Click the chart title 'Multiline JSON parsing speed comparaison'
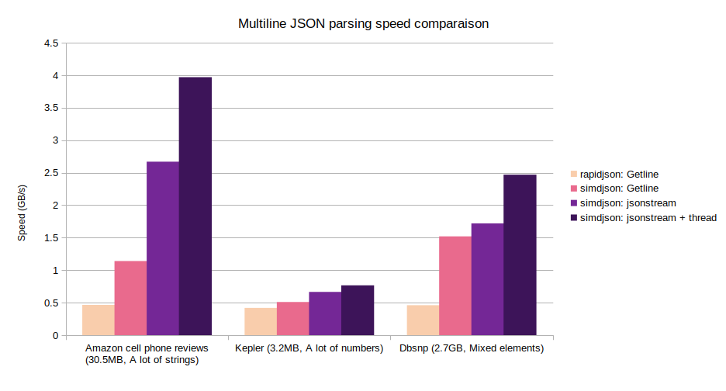[363, 24]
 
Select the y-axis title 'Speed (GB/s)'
[22, 213]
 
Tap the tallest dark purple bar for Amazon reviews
[195, 206]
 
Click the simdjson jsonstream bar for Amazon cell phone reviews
[163, 248]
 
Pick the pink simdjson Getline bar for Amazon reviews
[130, 298]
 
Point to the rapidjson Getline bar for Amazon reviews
[99, 320]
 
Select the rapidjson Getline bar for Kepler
[261, 321]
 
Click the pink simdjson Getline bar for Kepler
[292, 318]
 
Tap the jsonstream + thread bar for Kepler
[358, 310]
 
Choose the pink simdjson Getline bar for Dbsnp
[455, 285]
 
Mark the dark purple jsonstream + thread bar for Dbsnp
[520, 255]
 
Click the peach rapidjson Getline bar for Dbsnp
[423, 320]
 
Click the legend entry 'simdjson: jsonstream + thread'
[642, 218]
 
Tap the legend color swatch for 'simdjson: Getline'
[573, 189]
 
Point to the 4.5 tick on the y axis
[50, 43]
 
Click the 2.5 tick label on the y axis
[50, 173]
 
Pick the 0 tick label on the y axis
[55, 336]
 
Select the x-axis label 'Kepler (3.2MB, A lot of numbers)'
[309, 349]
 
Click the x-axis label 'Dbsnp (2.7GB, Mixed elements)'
[472, 349]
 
